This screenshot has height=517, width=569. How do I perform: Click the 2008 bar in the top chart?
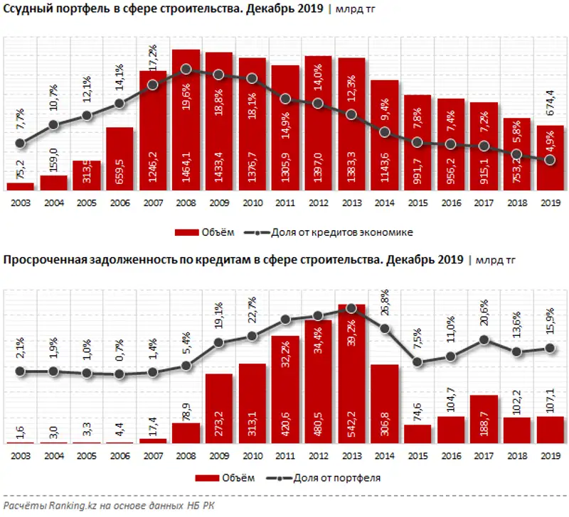click(x=186, y=121)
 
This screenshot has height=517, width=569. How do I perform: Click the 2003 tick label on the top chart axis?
click(x=20, y=202)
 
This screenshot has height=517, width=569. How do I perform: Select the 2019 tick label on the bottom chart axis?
click(x=550, y=455)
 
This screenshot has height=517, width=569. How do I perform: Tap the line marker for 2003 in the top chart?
click(x=21, y=143)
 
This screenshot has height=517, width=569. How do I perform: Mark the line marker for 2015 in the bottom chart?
click(x=418, y=363)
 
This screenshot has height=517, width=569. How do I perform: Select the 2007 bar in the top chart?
click(x=153, y=131)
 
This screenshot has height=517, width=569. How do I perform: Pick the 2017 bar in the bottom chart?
click(x=484, y=420)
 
